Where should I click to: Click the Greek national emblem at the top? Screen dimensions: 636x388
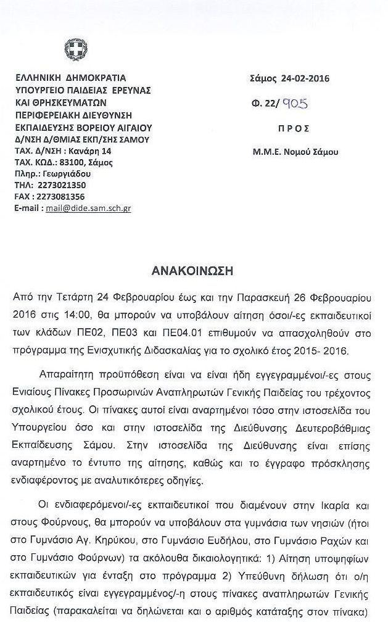pos(76,49)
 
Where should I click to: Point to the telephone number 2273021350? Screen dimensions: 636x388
pos(61,185)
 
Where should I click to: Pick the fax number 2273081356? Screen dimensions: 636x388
pos(61,197)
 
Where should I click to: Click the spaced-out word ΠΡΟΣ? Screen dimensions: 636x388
pos(289,128)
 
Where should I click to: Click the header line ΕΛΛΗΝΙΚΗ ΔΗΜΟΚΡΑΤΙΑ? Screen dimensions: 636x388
pos(70,78)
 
